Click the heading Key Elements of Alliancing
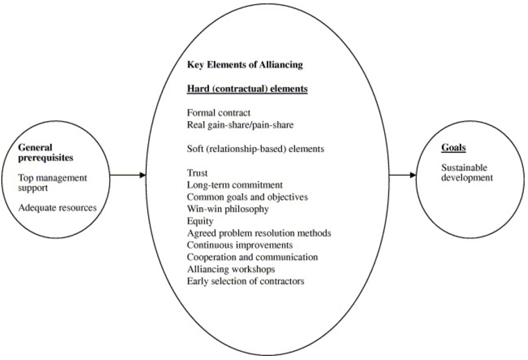pyautogui.click(x=245, y=65)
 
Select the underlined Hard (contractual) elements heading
pyautogui.click(x=247, y=89)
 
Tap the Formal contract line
pyautogui.click(x=219, y=112)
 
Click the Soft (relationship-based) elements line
pyautogui.click(x=255, y=148)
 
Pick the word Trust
pyautogui.click(x=197, y=172)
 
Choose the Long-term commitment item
pyautogui.click(x=235, y=185)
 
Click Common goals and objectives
pyautogui.click(x=247, y=197)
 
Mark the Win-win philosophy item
pyautogui.click(x=228, y=208)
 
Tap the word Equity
pyautogui.click(x=199, y=220)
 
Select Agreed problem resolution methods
pyautogui.click(x=258, y=233)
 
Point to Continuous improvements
pyautogui.click(x=240, y=245)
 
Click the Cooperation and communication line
pyautogui.click(x=252, y=256)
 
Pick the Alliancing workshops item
pyautogui.click(x=231, y=268)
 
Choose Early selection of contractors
pyautogui.click(x=245, y=281)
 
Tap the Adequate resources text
pyautogui.click(x=58, y=207)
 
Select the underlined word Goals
pyautogui.click(x=454, y=147)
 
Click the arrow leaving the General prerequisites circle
pyautogui.click(x=129, y=174)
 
